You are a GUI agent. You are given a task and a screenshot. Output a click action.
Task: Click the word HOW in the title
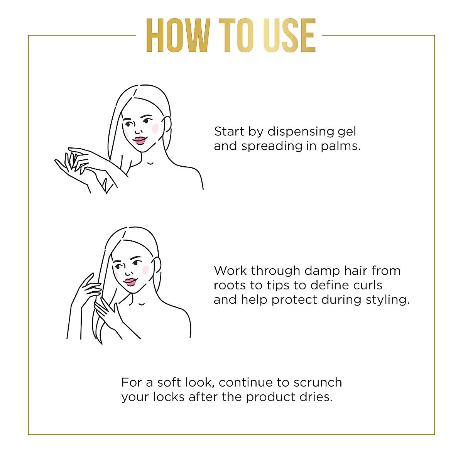pyautogui.click(x=178, y=35)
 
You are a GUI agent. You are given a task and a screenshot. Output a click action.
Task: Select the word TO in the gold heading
pyautogui.click(x=237, y=35)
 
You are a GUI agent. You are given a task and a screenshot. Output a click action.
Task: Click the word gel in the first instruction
pyautogui.click(x=347, y=132)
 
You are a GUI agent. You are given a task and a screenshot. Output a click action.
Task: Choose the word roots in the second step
pyautogui.click(x=230, y=286)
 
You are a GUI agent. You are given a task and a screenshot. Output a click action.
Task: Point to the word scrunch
pyautogui.click(x=318, y=382)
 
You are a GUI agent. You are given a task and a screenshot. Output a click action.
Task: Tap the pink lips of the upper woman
pyautogui.click(x=139, y=140)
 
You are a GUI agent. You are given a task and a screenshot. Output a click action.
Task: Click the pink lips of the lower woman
pyautogui.click(x=130, y=282)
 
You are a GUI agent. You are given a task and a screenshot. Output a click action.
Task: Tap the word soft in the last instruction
pyautogui.click(x=169, y=382)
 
